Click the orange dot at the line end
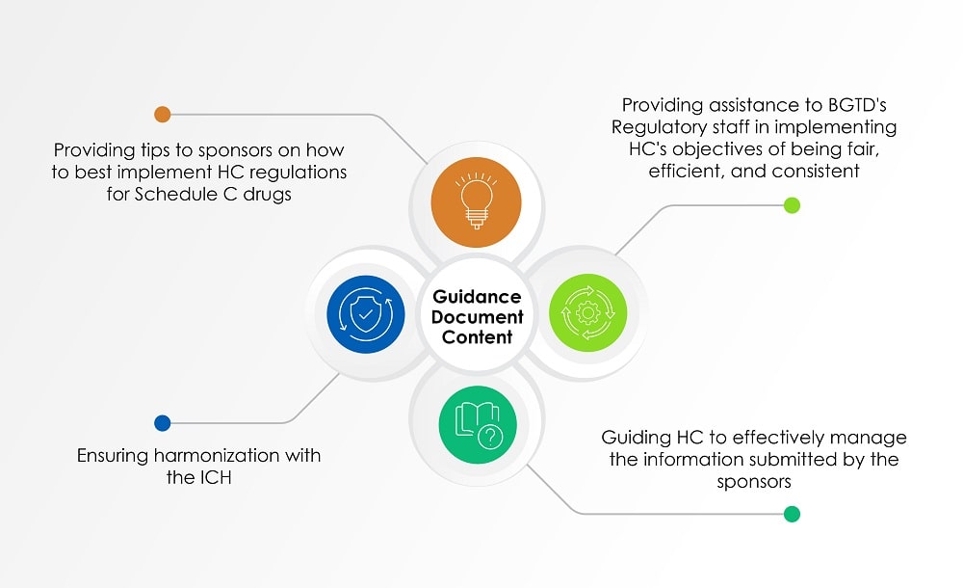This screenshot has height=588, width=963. (x=163, y=115)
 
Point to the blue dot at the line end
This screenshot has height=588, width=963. (x=162, y=422)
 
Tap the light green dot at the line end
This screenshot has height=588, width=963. (x=792, y=204)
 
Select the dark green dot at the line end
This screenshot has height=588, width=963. (x=792, y=514)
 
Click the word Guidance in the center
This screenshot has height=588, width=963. (x=477, y=296)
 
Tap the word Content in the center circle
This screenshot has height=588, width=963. (x=477, y=337)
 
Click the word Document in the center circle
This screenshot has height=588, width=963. (x=477, y=317)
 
